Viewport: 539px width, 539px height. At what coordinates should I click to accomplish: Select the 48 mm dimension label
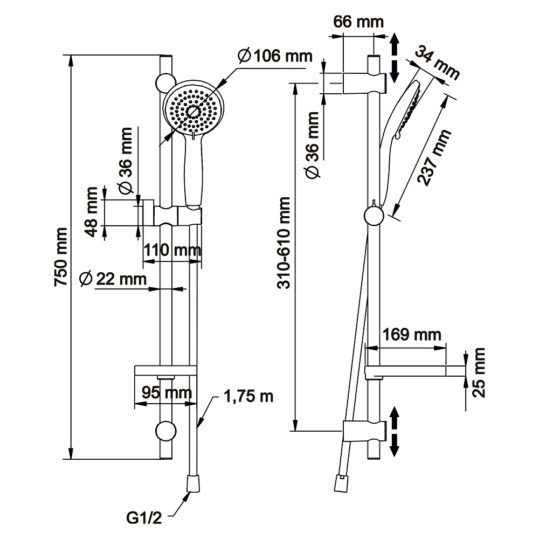(92, 212)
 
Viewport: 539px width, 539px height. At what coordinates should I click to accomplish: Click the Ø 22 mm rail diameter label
(113, 279)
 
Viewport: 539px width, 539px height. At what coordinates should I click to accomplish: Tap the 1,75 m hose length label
(249, 397)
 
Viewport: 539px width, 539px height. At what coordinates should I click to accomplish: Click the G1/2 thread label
(144, 519)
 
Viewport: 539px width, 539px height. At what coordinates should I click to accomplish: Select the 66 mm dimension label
(358, 22)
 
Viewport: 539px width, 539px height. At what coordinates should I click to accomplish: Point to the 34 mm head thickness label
(437, 63)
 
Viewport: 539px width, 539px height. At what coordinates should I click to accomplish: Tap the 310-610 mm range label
(284, 243)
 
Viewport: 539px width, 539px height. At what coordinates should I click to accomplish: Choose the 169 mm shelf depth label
(411, 335)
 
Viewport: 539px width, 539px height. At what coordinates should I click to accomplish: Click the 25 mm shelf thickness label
(479, 372)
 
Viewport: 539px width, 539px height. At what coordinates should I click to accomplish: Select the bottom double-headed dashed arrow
(394, 431)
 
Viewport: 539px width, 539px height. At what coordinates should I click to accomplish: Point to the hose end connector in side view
(340, 483)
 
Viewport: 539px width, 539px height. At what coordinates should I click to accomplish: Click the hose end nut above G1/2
(193, 483)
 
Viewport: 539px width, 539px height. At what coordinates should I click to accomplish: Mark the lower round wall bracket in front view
(165, 431)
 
